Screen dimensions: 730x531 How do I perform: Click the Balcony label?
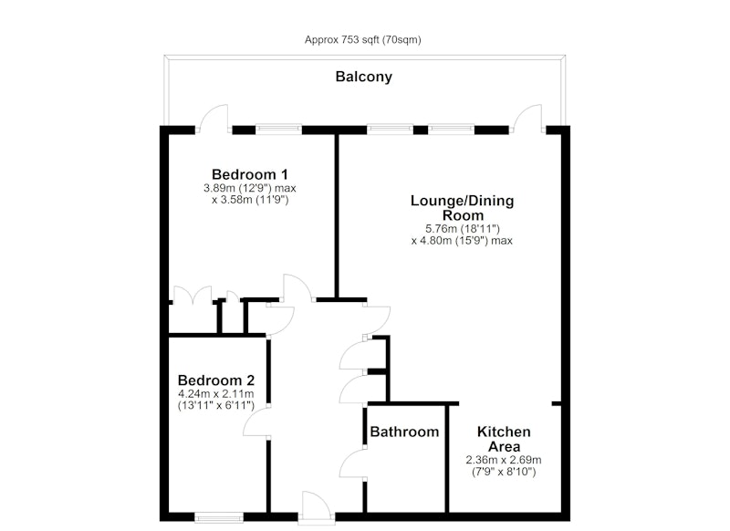[363, 77]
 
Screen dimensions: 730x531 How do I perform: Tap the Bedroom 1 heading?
[249, 174]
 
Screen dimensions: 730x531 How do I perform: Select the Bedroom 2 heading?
[216, 380]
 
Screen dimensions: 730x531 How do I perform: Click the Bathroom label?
[404, 432]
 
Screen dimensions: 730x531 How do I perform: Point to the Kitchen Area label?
[504, 439]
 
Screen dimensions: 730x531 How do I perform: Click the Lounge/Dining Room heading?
[463, 208]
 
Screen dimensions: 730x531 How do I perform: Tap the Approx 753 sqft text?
[342, 40]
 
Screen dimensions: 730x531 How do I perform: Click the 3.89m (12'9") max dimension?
[249, 189]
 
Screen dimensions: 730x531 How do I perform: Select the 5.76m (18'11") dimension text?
[463, 229]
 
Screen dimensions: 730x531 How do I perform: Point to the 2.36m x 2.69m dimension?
[504, 460]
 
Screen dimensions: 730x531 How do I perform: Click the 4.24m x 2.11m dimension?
[216, 394]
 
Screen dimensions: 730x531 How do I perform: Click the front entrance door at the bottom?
[317, 508]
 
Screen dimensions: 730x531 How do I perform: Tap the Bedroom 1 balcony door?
[214, 120]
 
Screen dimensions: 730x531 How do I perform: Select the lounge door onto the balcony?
[527, 120]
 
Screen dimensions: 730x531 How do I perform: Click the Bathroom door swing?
[352, 464]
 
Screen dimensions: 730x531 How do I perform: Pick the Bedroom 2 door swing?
[256, 423]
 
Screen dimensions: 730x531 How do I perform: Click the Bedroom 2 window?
[219, 517]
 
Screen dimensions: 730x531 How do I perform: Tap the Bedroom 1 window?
[278, 130]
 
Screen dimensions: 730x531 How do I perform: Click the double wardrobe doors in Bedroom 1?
[193, 295]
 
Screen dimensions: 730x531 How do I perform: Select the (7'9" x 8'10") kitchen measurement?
[504, 472]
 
